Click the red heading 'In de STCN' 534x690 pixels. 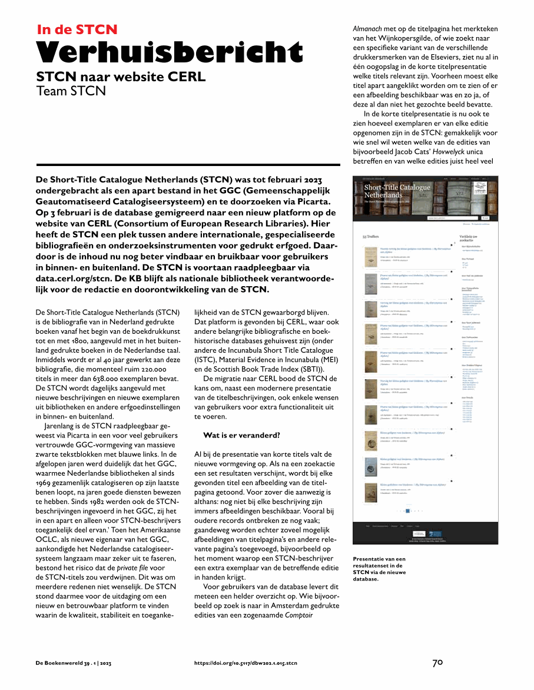click(x=77, y=29)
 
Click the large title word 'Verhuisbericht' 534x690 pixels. click(x=170, y=53)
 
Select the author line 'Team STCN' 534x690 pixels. click(x=71, y=91)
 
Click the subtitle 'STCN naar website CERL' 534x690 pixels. click(x=121, y=77)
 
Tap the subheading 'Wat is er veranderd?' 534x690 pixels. click(x=241, y=419)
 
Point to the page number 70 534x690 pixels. click(x=437, y=662)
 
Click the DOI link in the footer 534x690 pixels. click(x=246, y=663)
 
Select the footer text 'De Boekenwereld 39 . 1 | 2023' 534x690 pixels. click(x=74, y=663)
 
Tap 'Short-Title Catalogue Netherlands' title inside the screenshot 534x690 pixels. click(x=397, y=191)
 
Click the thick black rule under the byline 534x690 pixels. click(x=180, y=165)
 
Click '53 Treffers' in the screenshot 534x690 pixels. click(x=371, y=237)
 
